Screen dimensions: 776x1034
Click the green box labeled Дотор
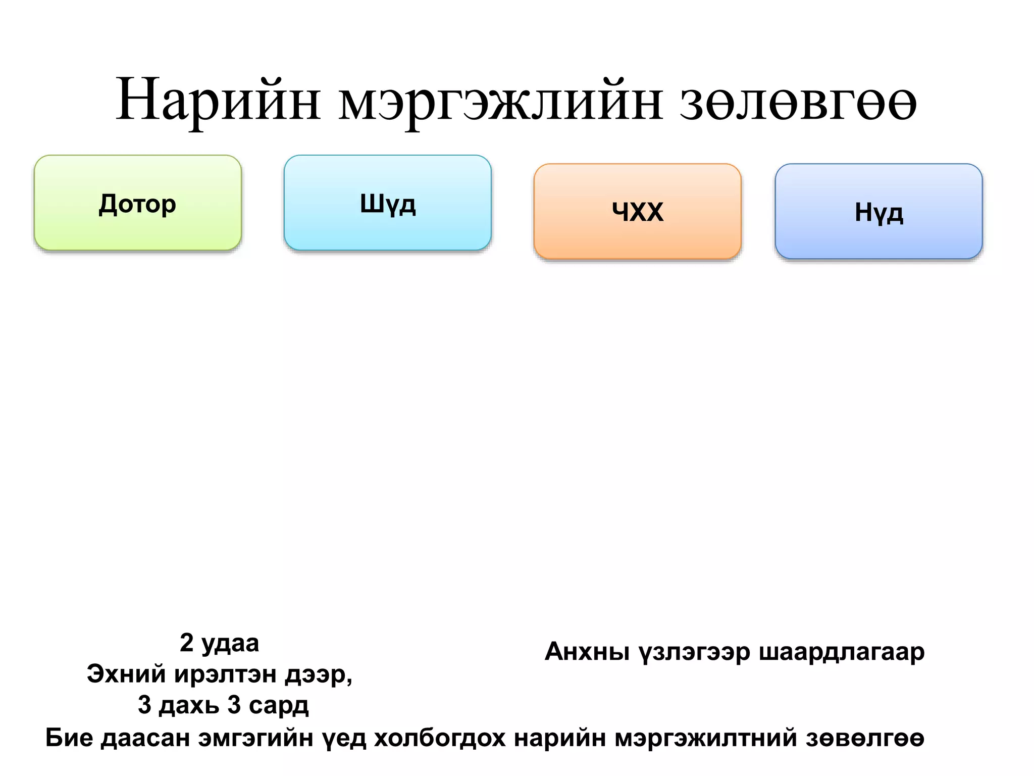(137, 203)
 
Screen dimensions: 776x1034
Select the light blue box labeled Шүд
(387, 203)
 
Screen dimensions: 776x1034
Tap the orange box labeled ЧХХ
(637, 212)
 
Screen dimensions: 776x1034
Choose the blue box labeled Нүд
(878, 212)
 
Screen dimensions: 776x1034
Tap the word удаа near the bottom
(230, 644)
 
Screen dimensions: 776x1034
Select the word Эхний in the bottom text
(126, 674)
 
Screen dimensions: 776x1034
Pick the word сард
(278, 705)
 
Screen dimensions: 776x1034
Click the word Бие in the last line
(69, 738)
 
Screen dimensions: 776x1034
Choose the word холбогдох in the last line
(440, 738)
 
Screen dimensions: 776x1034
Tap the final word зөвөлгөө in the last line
(865, 738)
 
